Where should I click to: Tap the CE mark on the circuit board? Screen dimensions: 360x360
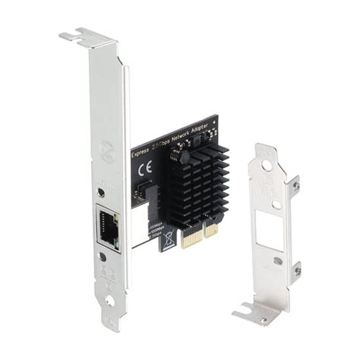148,169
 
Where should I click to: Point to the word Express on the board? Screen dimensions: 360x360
141,150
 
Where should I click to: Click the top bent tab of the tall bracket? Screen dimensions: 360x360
84,35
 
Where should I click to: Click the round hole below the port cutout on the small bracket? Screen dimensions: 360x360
278,261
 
